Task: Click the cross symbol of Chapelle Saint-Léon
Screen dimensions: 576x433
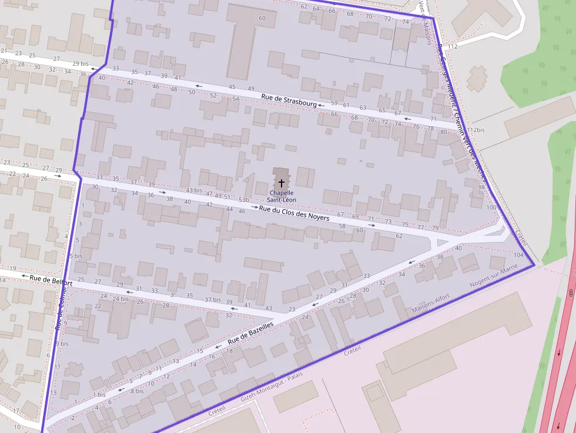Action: tap(282, 183)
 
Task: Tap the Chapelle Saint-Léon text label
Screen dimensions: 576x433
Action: tap(282, 196)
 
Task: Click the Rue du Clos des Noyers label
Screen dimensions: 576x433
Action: tap(294, 213)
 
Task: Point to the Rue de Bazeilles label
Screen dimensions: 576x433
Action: tap(251, 333)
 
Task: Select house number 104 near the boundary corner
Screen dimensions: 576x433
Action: tap(518, 255)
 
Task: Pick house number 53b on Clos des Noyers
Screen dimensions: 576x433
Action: tap(243, 200)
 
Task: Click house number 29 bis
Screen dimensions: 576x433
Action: tap(80, 63)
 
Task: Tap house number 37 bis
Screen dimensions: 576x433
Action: tap(212, 299)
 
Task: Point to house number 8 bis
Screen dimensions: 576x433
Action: tap(136, 391)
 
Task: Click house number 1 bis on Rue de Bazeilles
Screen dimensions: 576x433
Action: tap(99, 394)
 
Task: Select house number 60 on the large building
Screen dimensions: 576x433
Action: tap(262, 18)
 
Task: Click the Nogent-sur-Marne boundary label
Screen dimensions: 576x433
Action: tap(493, 276)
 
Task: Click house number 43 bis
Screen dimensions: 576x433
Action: tap(194, 190)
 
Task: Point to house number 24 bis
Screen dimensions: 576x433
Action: tap(120, 299)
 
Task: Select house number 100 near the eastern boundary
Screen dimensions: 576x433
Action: tap(491, 207)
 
